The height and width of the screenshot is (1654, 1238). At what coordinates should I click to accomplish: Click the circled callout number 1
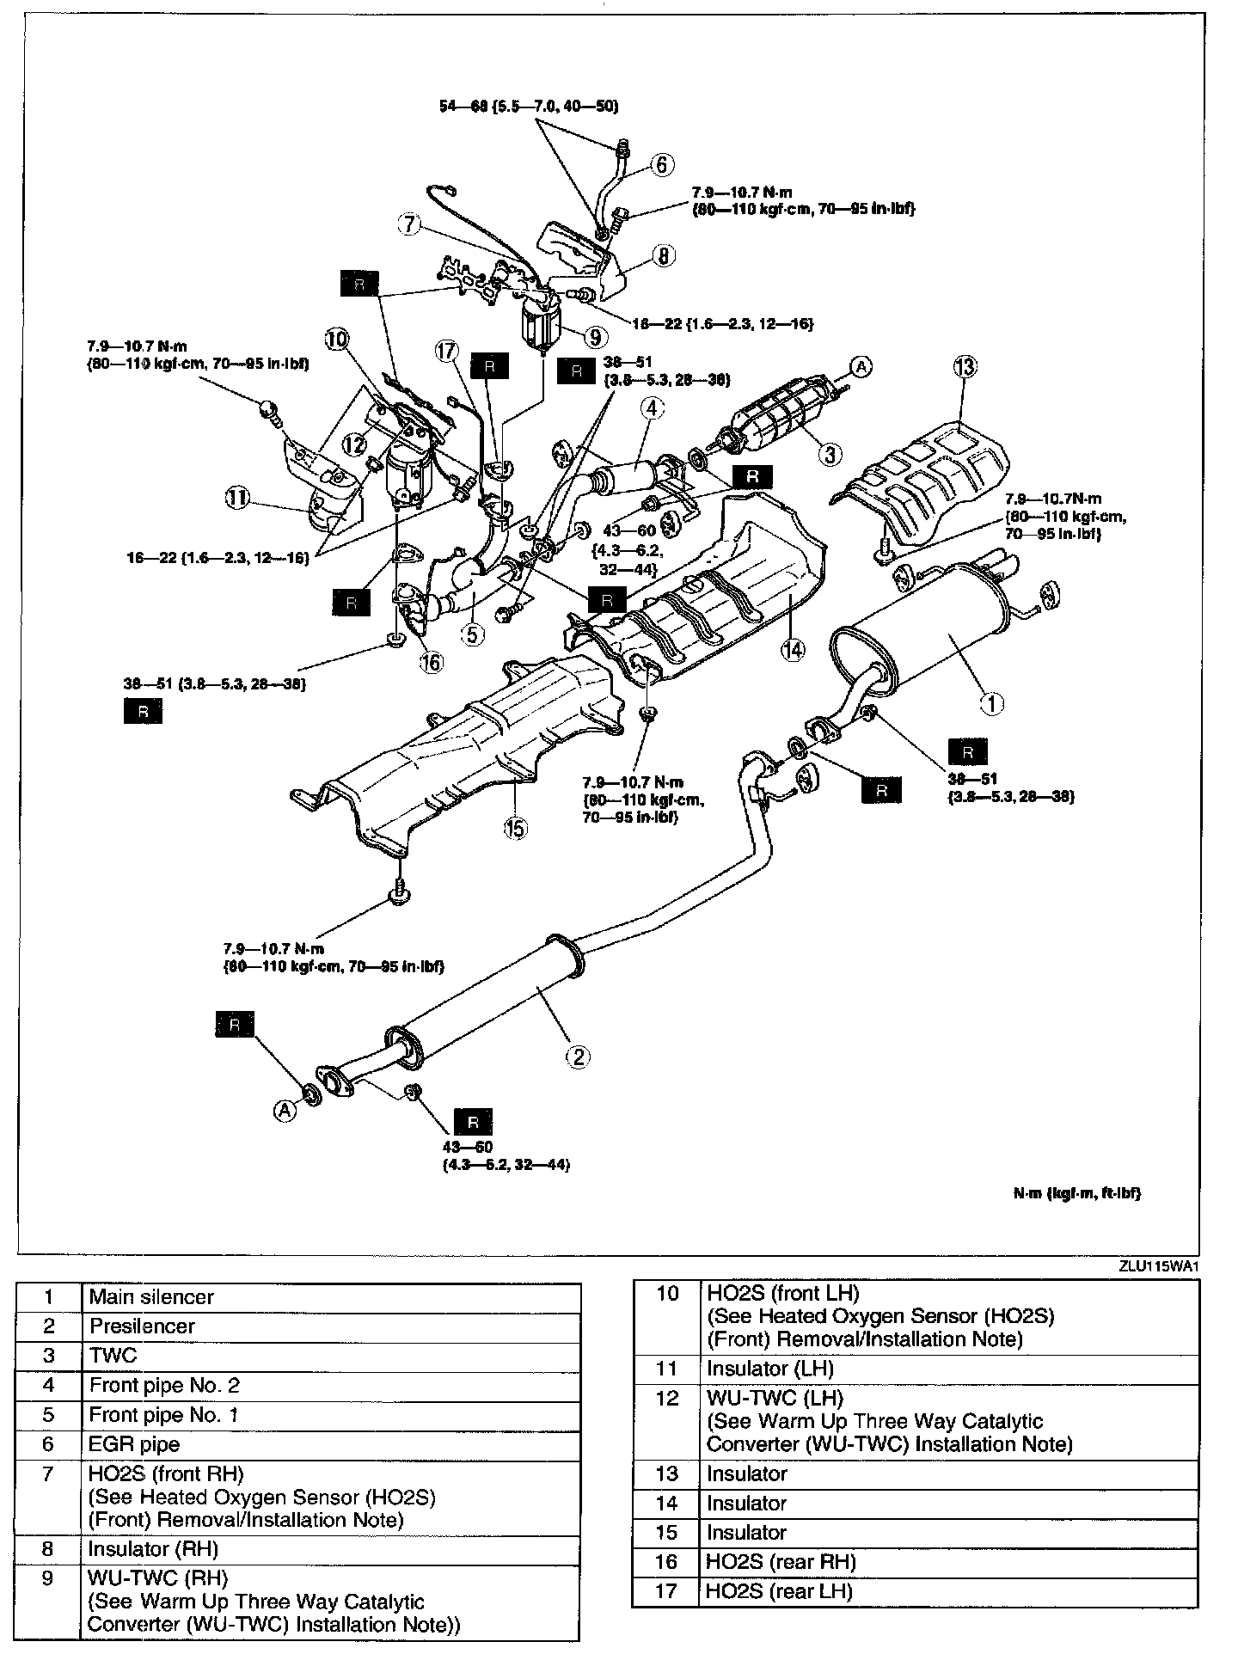pos(992,704)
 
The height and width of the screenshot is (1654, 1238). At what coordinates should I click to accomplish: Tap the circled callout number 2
pos(578,1056)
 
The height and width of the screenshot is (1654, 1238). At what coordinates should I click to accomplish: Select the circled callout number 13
pos(965,368)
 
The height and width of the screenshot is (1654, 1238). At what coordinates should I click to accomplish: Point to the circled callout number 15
pos(516,830)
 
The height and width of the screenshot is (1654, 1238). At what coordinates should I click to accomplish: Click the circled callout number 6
pos(662,164)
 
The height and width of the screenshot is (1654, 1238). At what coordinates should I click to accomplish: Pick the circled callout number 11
pos(236,496)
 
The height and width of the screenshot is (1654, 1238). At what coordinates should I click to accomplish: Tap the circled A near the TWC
pos(861,367)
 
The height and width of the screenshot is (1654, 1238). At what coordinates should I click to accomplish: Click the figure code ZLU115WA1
pos(1158,1265)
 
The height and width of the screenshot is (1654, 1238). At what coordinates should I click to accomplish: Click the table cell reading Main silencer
pos(151,1297)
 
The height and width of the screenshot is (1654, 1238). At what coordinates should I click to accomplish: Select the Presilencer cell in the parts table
pos(142,1326)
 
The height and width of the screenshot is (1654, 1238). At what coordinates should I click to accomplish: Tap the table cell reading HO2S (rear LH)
pos(779,1591)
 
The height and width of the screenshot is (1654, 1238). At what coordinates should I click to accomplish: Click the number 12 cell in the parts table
pos(666,1399)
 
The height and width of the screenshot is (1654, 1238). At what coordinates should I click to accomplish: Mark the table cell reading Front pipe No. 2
pos(157,1385)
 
